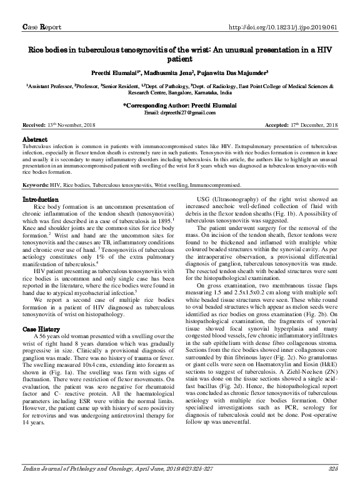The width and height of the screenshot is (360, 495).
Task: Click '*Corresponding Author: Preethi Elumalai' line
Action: [x=180, y=106]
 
